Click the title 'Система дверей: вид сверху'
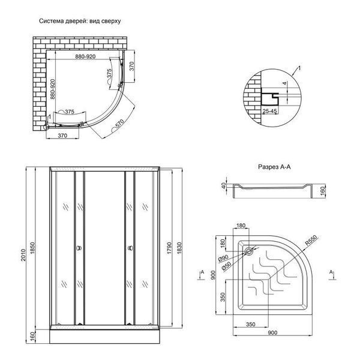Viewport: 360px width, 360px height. (x=80, y=21)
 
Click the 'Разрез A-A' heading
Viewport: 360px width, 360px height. (x=274, y=167)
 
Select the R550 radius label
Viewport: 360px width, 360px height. (x=311, y=241)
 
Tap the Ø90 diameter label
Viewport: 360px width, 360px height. (x=223, y=259)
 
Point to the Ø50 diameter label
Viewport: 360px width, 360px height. (x=226, y=266)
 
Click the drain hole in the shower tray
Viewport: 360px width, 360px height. (x=249, y=251)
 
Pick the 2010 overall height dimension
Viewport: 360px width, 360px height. (x=23, y=255)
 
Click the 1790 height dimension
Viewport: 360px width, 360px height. (x=169, y=248)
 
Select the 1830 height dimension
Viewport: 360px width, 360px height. (x=179, y=248)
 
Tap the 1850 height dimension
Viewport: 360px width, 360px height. (x=32, y=248)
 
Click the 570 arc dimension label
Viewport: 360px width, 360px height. (x=120, y=124)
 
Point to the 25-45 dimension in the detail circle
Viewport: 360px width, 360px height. (x=270, y=112)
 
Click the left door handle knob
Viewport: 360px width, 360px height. (x=79, y=248)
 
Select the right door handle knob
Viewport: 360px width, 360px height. (x=130, y=248)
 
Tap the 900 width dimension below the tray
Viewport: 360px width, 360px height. (x=272, y=332)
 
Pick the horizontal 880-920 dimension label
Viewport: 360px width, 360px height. (x=85, y=56)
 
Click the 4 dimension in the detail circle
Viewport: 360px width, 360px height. (x=284, y=83)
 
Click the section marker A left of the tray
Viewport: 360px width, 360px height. (x=202, y=272)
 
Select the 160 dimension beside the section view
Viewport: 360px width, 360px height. (x=323, y=191)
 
